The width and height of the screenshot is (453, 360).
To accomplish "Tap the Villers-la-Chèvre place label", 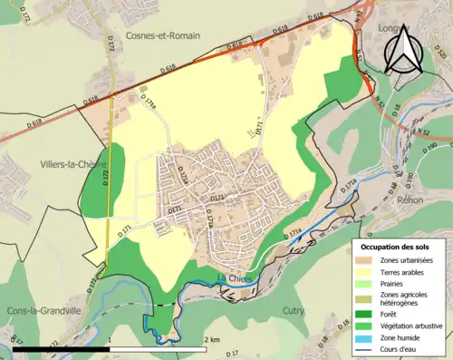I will (x=46, y=165).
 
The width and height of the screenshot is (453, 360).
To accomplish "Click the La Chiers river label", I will (x=234, y=277).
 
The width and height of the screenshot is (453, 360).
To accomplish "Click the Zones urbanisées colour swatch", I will (x=366, y=261).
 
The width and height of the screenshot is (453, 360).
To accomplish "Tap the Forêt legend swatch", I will (x=366, y=314).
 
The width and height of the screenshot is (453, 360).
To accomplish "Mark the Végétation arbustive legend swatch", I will (x=366, y=326).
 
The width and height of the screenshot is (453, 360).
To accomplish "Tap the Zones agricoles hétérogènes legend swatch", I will (x=366, y=299).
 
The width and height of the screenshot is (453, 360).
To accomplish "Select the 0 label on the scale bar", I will (x=13, y=340).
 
